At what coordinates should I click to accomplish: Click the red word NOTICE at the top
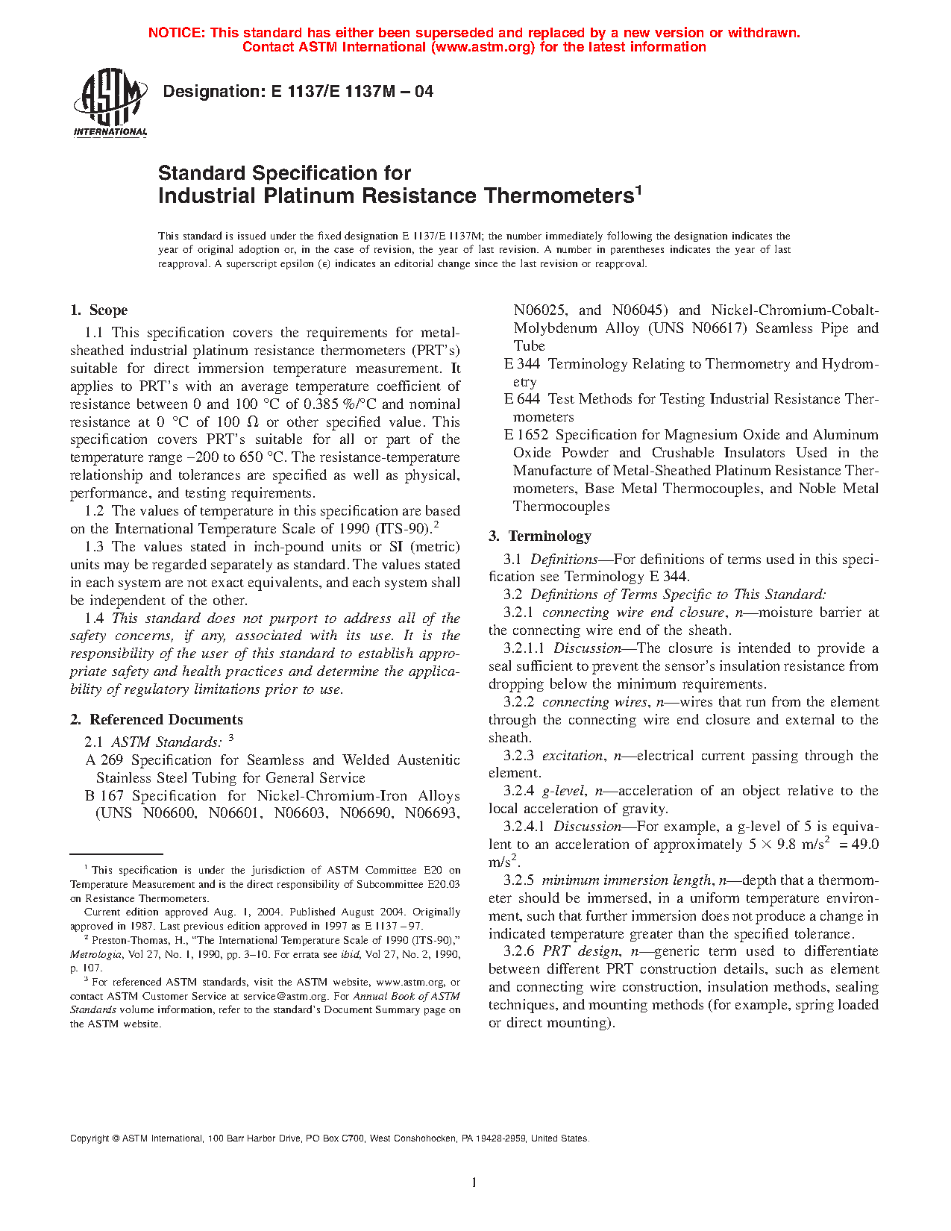pyautogui.click(x=175, y=33)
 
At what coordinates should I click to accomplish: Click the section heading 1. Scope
pyautogui.click(x=98, y=310)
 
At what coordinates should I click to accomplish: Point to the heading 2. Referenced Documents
pyautogui.click(x=157, y=720)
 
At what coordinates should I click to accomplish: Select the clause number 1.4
pyautogui.click(x=94, y=618)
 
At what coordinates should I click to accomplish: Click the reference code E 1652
pyautogui.click(x=526, y=435)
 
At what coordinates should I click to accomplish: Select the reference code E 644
pyautogui.click(x=521, y=399)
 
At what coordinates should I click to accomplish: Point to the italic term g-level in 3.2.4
pyautogui.click(x=563, y=791)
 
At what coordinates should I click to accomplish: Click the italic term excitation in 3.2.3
pyautogui.click(x=572, y=756)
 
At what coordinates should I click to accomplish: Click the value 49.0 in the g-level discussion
pyautogui.click(x=864, y=845)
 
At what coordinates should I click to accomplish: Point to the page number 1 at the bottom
pyautogui.click(x=474, y=1183)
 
